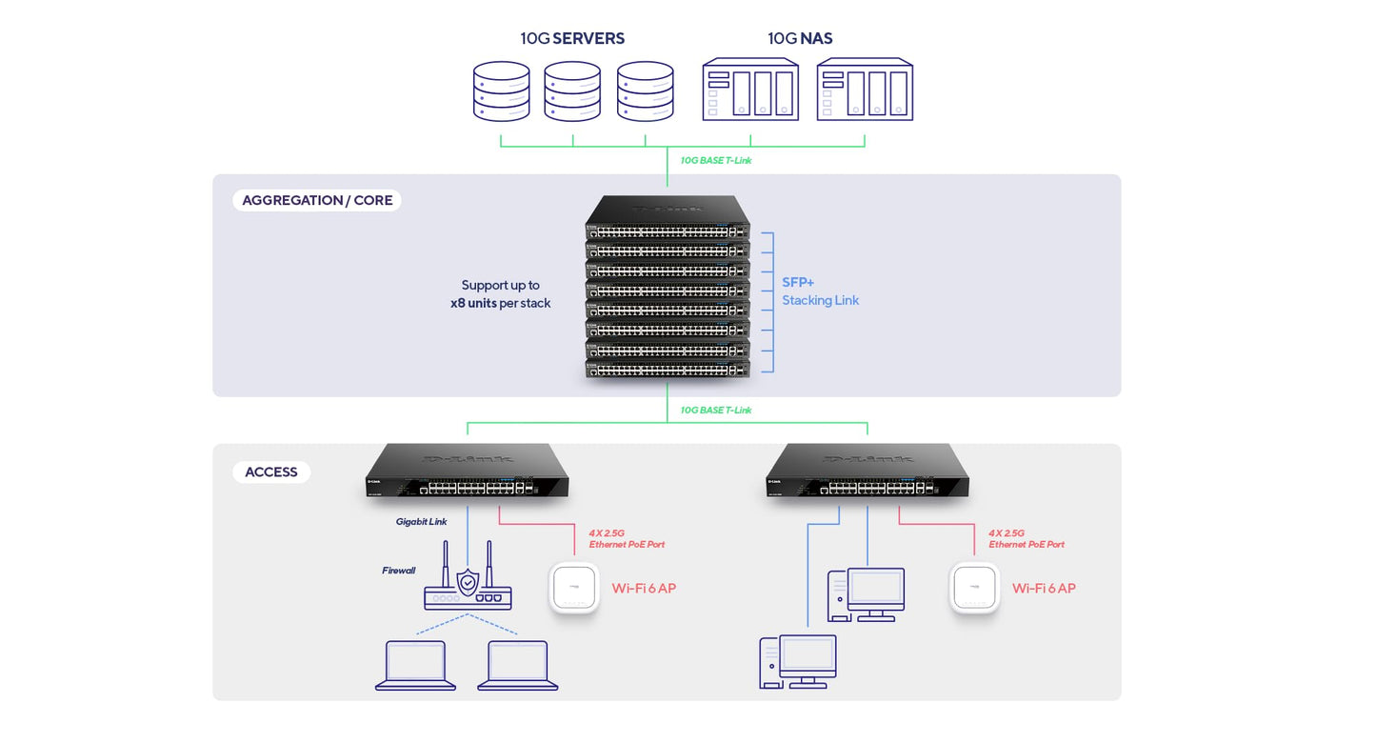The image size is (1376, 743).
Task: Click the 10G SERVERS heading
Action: (572, 38)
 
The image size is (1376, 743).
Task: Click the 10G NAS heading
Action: (800, 38)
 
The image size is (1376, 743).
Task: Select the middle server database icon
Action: (572, 91)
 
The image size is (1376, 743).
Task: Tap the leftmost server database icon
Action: (501, 91)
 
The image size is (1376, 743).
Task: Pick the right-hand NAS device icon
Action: (865, 90)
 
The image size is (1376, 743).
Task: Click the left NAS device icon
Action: (750, 90)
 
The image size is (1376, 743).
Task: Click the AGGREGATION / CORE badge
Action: (317, 200)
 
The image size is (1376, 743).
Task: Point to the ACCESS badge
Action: (271, 472)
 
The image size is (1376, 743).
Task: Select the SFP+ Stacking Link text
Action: (820, 291)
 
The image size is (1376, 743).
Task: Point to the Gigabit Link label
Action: (421, 522)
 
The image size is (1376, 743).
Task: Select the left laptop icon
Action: (415, 665)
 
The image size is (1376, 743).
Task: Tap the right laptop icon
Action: (518, 665)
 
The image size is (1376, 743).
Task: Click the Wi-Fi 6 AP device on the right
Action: (974, 588)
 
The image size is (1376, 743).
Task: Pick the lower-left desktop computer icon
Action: (798, 661)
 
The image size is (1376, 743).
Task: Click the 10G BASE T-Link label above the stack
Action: (715, 160)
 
